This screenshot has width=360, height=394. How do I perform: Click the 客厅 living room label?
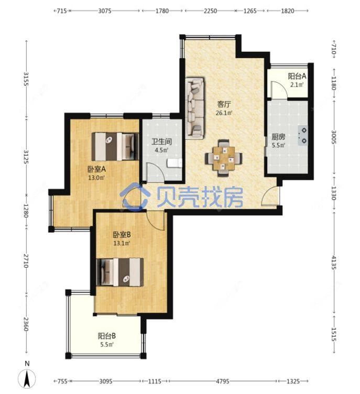point(224,104)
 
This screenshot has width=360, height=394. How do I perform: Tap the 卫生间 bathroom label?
point(161,141)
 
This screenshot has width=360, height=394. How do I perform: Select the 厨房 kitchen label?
point(278,137)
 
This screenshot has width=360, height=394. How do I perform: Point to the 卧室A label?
point(96,169)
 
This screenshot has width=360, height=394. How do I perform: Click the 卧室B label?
point(122,235)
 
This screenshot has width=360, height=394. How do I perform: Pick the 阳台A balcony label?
point(297,76)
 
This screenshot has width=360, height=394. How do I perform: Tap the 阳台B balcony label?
point(107,336)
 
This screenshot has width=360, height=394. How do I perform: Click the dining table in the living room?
point(223,158)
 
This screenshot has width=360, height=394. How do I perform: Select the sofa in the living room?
point(195,108)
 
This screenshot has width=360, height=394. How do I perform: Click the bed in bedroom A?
point(115,147)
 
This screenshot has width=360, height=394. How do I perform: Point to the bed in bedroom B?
point(120,272)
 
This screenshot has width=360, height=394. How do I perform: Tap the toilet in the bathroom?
point(174,163)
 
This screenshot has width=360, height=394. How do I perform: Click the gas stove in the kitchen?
point(303,135)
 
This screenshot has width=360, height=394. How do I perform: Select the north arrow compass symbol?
point(27,378)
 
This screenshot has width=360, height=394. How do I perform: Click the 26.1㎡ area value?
point(224,113)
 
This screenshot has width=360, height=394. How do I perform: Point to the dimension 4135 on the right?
point(334,262)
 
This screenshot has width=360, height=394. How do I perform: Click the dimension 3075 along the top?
point(105,11)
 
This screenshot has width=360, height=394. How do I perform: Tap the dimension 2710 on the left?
point(26,260)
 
